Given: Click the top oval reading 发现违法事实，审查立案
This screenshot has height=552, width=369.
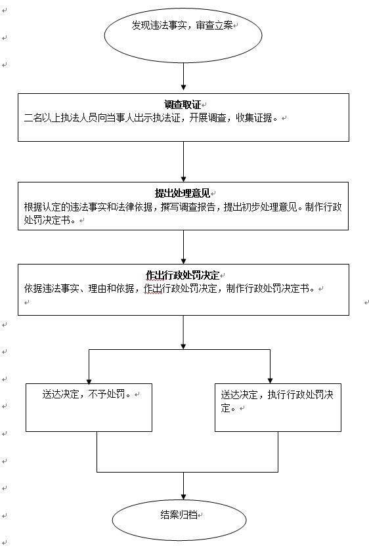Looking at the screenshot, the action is point(183,35).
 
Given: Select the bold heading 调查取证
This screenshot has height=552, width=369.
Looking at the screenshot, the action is point(183,104).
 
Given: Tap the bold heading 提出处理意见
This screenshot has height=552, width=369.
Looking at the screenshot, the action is point(183,193).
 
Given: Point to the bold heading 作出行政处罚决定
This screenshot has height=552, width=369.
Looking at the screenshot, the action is point(183,275).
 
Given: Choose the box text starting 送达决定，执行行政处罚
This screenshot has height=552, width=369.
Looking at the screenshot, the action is point(277,401).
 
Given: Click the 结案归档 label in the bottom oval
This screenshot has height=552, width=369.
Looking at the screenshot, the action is point(179,515).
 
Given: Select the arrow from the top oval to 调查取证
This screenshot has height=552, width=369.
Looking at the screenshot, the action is point(183,77).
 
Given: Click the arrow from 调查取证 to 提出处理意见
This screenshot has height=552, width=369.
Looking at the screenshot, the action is point(183,162).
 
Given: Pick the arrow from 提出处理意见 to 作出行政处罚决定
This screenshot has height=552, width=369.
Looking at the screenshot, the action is point(183,247).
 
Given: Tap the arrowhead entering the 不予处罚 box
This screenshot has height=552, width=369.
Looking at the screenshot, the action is point(89,381).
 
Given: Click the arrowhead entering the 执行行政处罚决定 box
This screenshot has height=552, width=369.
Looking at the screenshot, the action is point(270,381).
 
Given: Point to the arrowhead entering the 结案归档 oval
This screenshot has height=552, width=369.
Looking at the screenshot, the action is point(183,497).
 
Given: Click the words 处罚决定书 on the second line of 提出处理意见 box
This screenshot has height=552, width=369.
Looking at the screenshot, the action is point(47,221).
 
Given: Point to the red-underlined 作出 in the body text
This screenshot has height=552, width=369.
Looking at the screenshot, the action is point(153,289).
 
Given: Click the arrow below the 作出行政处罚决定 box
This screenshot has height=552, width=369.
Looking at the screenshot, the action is point(183,332).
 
